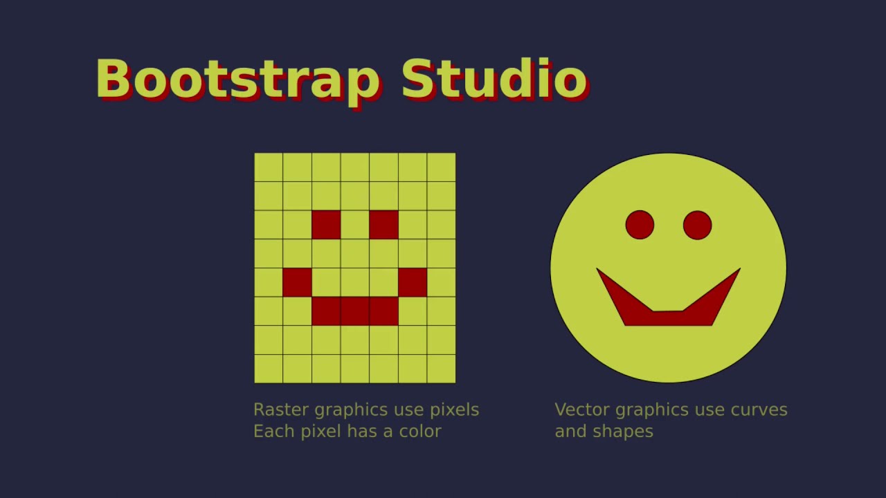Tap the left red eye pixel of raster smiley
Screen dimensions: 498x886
point(326,225)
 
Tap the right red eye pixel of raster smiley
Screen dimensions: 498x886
point(383,225)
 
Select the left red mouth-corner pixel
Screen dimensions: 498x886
point(297,282)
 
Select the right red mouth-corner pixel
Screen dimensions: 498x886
point(413,282)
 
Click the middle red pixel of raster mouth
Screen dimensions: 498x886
point(354,311)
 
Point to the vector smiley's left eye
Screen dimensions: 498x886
point(640,225)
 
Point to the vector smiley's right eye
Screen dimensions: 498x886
point(697,225)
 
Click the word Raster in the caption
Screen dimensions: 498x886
point(281,409)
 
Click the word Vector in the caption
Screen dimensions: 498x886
point(582,409)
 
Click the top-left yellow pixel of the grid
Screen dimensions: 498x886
point(269,167)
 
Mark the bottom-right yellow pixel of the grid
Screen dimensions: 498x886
point(441,369)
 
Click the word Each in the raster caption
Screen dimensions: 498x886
point(269,431)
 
